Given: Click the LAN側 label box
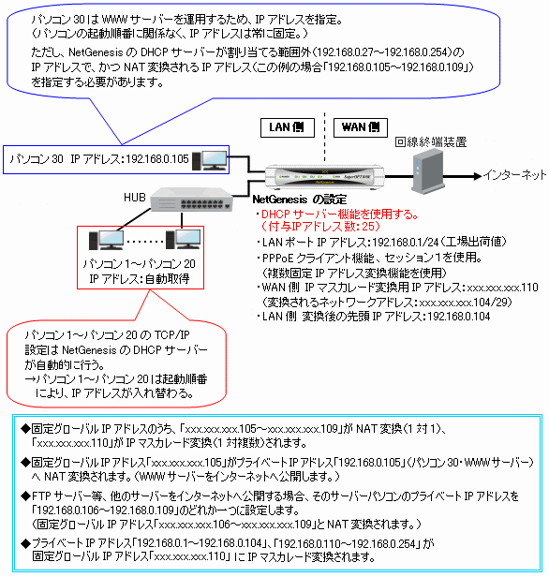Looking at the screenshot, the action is pyautogui.click(x=288, y=127).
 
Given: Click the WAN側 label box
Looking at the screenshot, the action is pyautogui.click(x=361, y=127).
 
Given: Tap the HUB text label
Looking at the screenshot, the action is pyautogui.click(x=135, y=198).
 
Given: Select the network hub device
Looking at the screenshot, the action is pyautogui.click(x=192, y=200).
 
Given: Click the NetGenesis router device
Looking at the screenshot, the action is pyautogui.click(x=325, y=176).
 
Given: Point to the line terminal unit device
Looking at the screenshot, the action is pyautogui.click(x=427, y=172).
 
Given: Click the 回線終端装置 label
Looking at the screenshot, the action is pyautogui.click(x=431, y=142).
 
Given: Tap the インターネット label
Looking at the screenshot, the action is pyautogui.click(x=514, y=175).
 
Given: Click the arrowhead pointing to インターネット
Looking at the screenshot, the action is pyautogui.click(x=478, y=176).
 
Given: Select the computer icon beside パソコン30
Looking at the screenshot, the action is pyautogui.click(x=209, y=160).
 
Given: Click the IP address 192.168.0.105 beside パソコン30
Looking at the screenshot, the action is pyautogui.click(x=157, y=159).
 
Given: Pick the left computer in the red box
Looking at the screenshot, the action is pyautogui.click(x=107, y=241).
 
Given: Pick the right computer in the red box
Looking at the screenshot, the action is pyautogui.click(x=184, y=239).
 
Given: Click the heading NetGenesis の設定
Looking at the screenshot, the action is pyautogui.click(x=299, y=200).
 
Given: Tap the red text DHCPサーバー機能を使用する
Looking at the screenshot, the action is pyautogui.click(x=339, y=215).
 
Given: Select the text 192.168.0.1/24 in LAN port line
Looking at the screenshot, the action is pyautogui.click(x=406, y=242).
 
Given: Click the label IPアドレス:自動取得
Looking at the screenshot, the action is pyautogui.click(x=140, y=279).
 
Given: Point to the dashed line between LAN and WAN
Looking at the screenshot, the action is pyautogui.click(x=324, y=137).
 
